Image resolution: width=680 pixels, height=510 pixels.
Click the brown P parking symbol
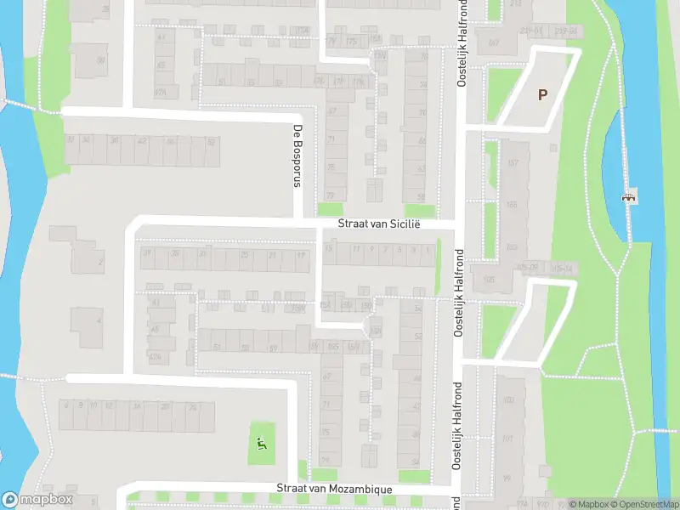tap(541, 95)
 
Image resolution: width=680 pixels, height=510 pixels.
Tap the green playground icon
tap(262, 441)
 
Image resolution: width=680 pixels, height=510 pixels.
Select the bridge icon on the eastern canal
tap(629, 197)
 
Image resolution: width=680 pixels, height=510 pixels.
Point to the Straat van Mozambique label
tap(334, 490)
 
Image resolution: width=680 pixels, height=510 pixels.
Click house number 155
tap(512, 205)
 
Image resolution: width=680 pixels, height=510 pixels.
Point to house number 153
tap(512, 246)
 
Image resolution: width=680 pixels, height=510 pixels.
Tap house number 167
tap(493, 42)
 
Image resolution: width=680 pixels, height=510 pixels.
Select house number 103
tap(508, 400)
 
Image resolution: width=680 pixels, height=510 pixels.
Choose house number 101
tap(507, 439)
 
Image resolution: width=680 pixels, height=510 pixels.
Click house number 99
tap(507, 479)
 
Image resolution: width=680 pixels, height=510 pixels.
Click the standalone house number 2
tap(100, 262)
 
